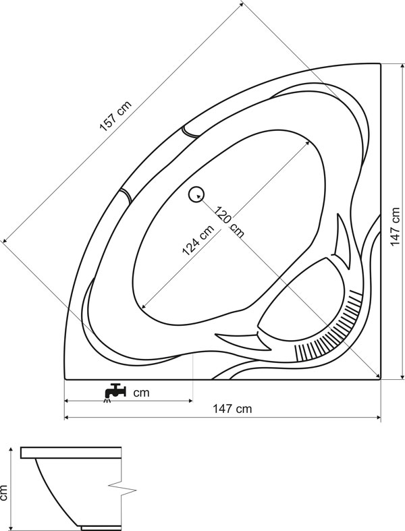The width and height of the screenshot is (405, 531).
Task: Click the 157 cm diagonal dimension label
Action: (x=115, y=116)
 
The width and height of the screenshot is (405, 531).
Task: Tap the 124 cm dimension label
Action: (x=198, y=240)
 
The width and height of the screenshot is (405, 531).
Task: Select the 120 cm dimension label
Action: (x=229, y=222)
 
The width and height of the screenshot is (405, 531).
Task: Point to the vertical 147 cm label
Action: (x=395, y=227)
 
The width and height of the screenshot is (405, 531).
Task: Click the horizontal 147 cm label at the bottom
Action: (x=232, y=409)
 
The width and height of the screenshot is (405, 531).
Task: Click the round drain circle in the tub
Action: (x=196, y=195)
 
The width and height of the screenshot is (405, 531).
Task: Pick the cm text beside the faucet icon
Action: (x=141, y=393)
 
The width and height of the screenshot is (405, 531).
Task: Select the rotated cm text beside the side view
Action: (x=3, y=493)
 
